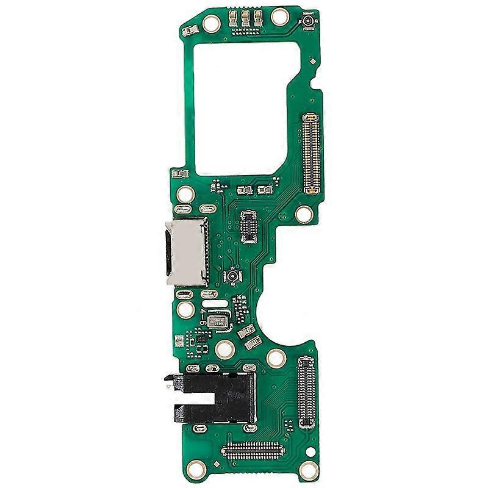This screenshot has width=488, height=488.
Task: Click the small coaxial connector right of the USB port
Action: pos(233,278)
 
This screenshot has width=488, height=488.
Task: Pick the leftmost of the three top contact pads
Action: pos(234,21)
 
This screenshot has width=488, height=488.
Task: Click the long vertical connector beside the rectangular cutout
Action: pos(313,152)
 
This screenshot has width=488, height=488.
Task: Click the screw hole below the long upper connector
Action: pos(303,215)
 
